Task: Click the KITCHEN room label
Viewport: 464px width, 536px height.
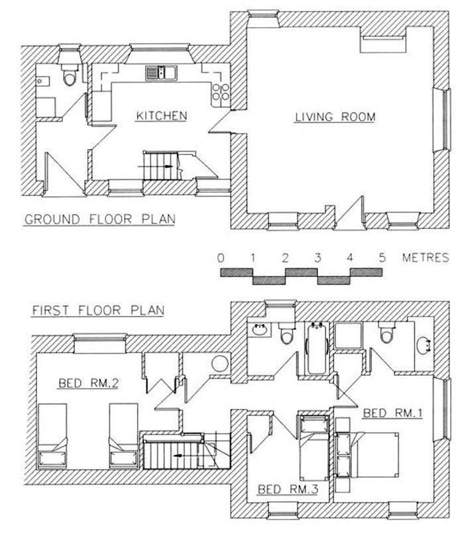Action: point(161,116)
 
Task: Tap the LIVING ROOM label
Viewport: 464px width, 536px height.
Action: point(335,117)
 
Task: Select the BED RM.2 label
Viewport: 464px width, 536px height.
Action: point(89,383)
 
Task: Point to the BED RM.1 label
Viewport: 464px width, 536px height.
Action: point(393,413)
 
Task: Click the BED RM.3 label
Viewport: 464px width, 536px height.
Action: point(288,489)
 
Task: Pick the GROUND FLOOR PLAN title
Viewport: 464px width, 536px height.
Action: point(100,219)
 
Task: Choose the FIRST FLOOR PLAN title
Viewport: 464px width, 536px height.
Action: point(98,310)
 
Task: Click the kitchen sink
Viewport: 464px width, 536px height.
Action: point(161,73)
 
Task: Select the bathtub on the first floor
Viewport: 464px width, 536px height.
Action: point(317,348)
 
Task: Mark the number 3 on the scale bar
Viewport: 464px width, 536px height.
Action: point(318,258)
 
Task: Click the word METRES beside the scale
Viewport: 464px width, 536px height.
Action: point(426,258)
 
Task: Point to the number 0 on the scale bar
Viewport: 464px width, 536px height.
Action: point(221,258)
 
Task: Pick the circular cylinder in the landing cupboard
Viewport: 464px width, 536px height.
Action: point(220,364)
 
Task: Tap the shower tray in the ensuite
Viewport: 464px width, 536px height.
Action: point(348,336)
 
